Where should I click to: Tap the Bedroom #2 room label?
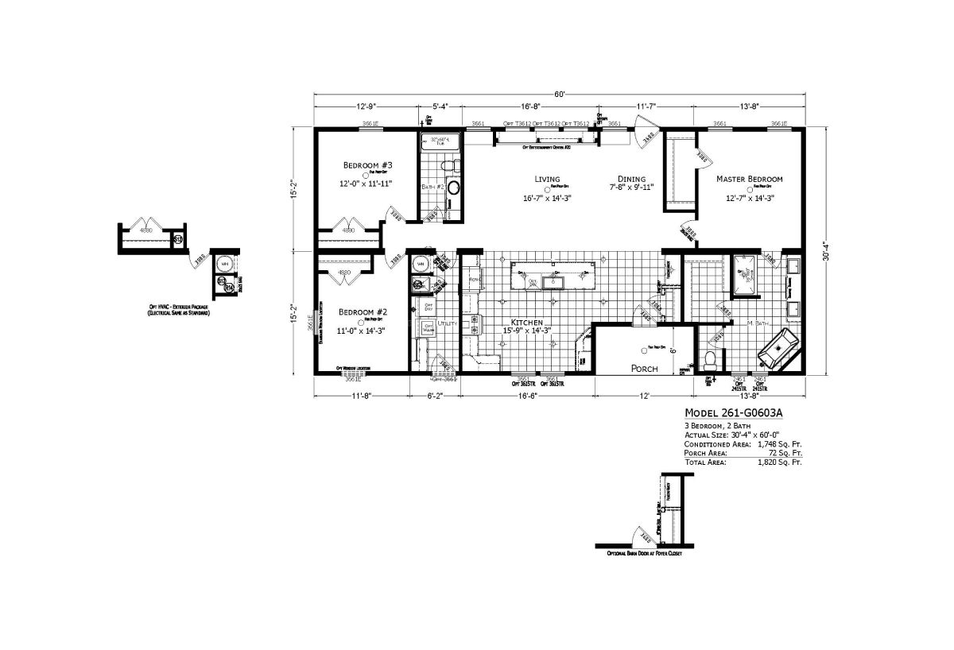(x=363, y=311)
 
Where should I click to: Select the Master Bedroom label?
(x=749, y=179)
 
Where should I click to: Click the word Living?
(x=547, y=179)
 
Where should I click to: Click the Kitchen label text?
(x=526, y=322)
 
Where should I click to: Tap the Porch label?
(x=645, y=369)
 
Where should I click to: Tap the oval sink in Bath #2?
(x=453, y=188)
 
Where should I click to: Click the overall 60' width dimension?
(x=560, y=95)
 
